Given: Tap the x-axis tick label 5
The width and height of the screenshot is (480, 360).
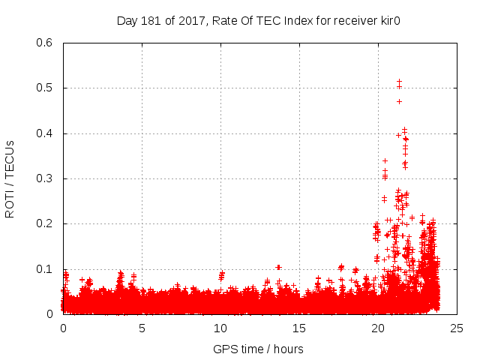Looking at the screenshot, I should [142, 328].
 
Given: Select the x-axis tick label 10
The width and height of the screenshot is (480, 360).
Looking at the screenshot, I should [220, 328].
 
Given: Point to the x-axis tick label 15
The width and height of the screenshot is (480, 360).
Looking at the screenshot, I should [299, 328].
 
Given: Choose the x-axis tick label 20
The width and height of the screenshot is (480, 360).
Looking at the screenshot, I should [378, 328].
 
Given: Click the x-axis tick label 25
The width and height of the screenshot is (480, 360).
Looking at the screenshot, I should [457, 328].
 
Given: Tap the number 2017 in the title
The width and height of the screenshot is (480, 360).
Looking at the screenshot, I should [191, 20].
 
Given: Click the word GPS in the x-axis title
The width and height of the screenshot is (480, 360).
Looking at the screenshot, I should [224, 349].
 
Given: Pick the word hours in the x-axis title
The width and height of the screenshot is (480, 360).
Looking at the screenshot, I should [288, 349].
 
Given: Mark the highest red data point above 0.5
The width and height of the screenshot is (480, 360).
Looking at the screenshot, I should [399, 81].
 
